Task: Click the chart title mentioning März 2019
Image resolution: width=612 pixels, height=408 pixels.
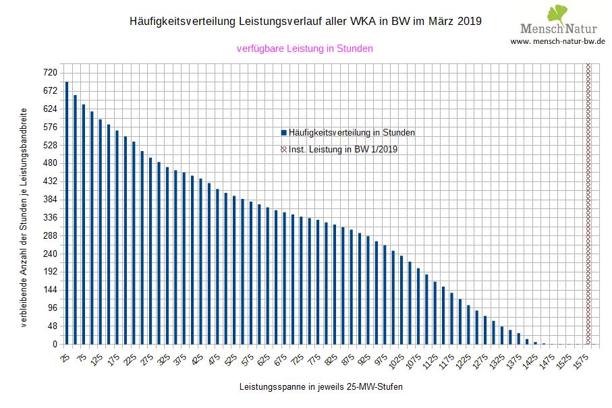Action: point(305,22)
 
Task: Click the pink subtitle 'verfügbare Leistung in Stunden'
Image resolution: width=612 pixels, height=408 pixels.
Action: point(305,49)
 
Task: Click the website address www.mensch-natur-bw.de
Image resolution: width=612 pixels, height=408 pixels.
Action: point(557,41)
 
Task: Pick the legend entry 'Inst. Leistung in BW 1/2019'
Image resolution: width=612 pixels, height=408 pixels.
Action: point(343,150)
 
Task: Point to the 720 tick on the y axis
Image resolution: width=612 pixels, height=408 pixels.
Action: point(50,73)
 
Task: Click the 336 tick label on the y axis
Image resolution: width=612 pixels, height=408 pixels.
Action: point(50,218)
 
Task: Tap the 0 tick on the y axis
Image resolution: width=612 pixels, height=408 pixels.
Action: point(55,345)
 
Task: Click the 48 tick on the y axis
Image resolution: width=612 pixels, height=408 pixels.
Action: point(52,326)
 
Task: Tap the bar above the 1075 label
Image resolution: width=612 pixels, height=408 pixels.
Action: point(418,306)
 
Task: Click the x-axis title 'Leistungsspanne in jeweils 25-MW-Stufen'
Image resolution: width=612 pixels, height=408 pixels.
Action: point(321,388)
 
